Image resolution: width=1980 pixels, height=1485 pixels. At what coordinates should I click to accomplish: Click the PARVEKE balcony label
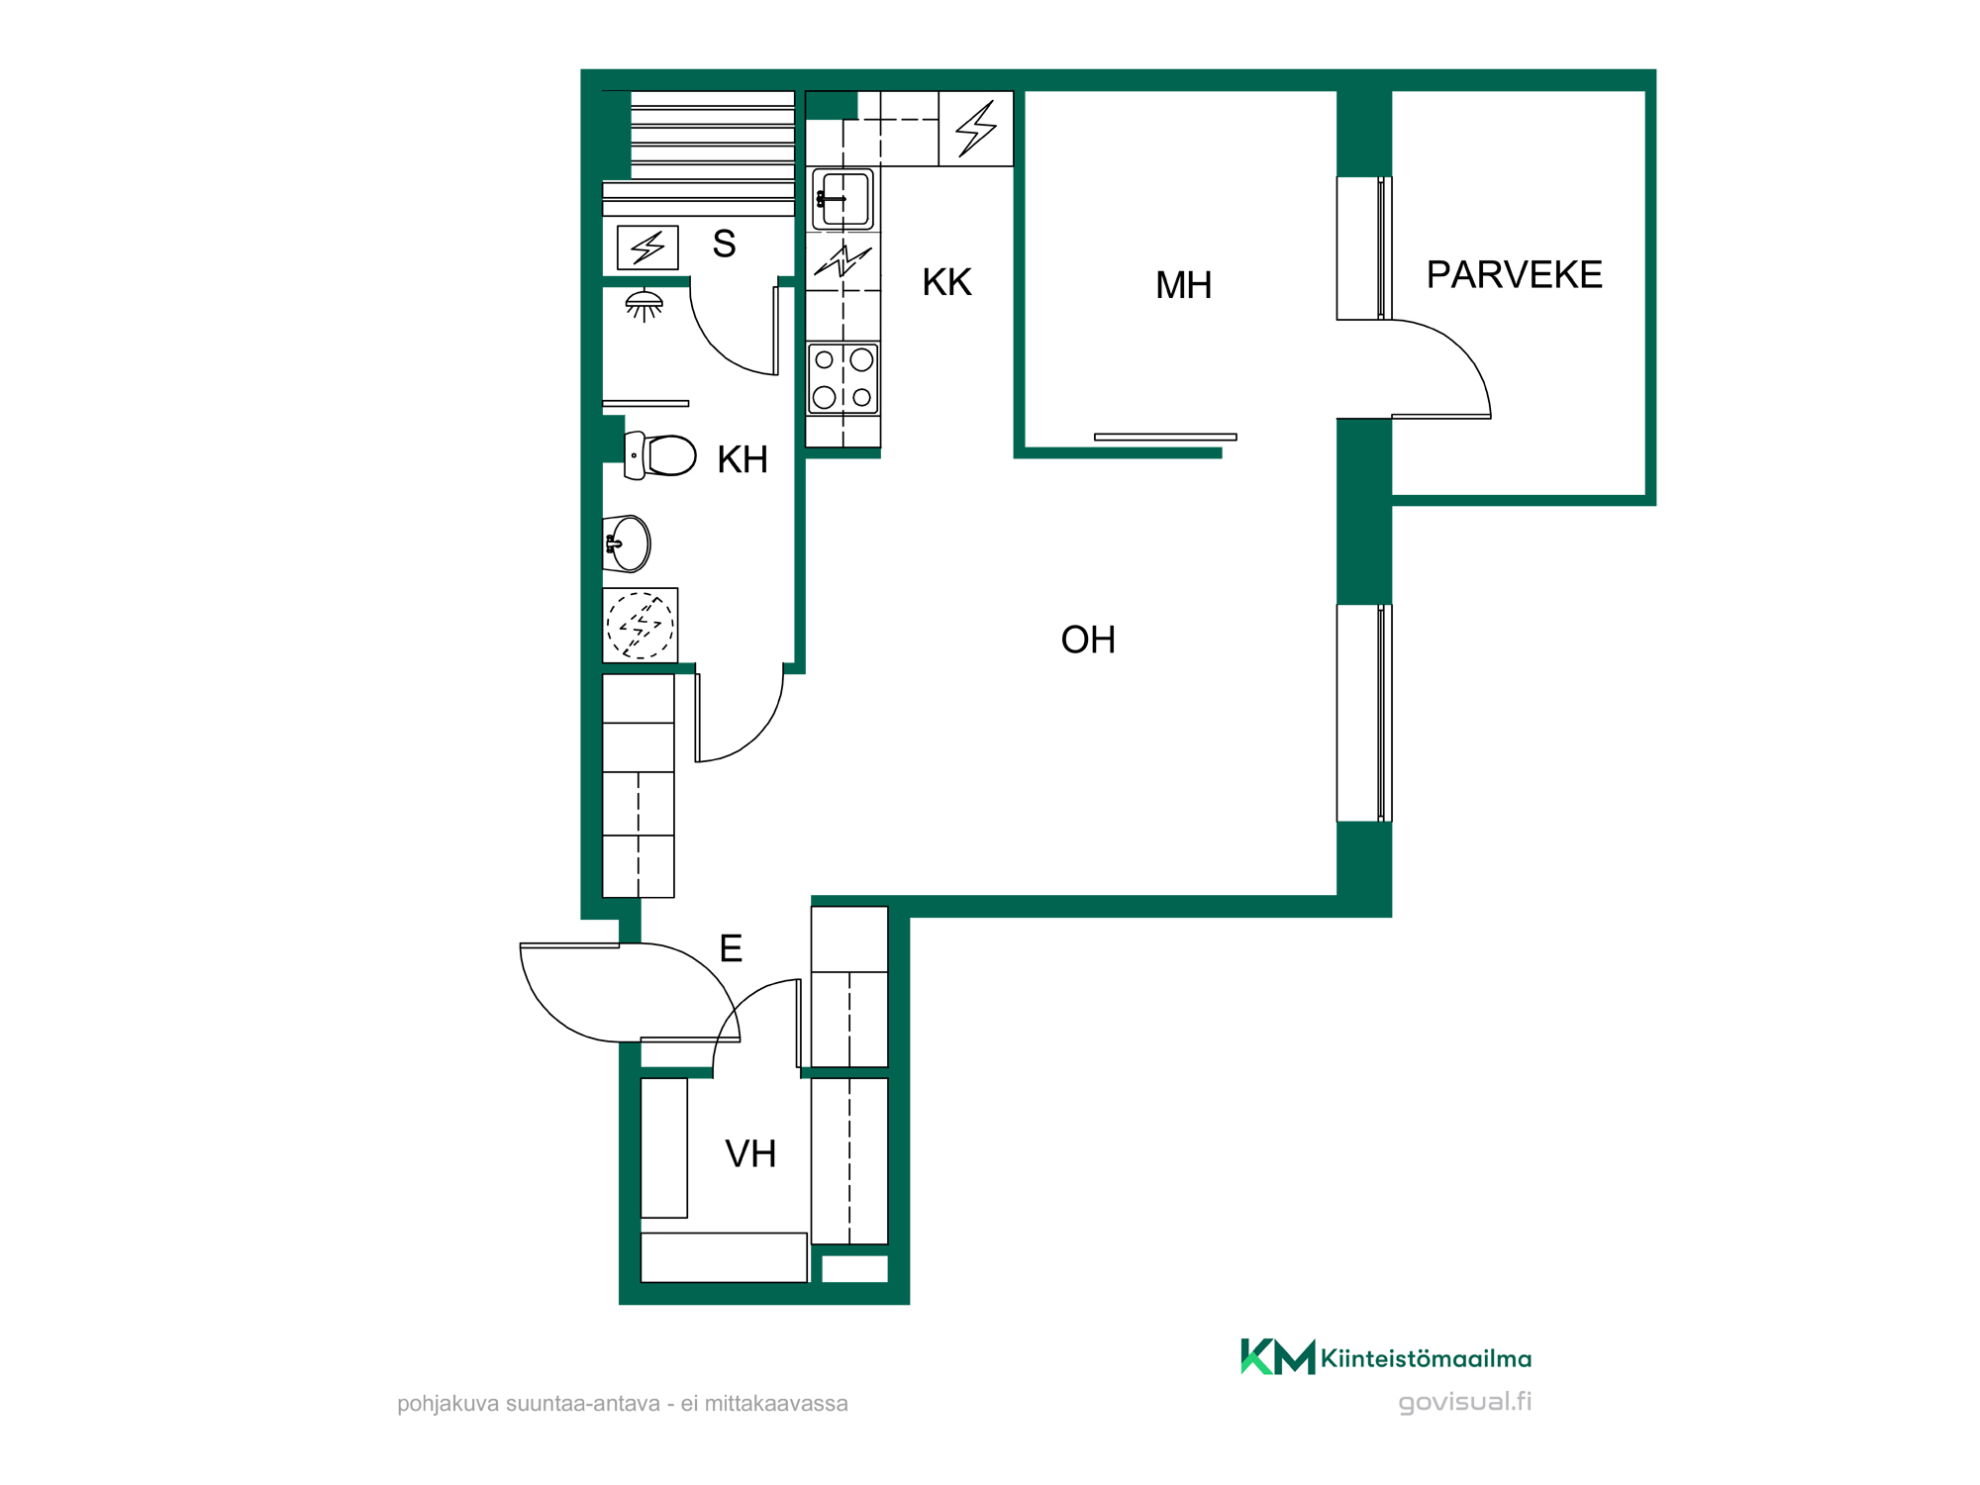click(x=1514, y=274)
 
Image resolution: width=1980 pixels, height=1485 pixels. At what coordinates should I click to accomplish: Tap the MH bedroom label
click(x=1183, y=285)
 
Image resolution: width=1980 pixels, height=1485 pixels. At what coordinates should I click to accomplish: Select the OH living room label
click(x=1088, y=640)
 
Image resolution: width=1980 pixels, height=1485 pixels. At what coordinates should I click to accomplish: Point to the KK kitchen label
click(x=946, y=282)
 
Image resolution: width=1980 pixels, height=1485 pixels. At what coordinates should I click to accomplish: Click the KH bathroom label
click(x=742, y=459)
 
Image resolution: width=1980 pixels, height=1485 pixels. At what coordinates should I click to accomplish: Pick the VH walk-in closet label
click(x=750, y=1153)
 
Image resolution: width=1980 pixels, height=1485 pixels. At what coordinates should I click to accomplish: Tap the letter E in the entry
click(x=731, y=948)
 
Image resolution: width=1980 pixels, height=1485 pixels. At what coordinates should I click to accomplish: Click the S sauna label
click(x=724, y=244)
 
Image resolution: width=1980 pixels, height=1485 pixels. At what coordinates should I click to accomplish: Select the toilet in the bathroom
click(x=660, y=455)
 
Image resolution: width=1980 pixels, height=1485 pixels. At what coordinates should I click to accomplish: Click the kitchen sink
click(x=842, y=199)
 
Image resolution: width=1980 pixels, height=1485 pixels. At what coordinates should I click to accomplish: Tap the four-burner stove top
click(x=842, y=378)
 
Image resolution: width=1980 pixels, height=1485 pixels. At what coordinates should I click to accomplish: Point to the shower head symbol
click(x=643, y=305)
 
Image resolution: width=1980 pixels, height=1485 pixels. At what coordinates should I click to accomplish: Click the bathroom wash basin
click(x=627, y=544)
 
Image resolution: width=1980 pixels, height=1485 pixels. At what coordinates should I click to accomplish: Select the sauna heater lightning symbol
click(x=647, y=247)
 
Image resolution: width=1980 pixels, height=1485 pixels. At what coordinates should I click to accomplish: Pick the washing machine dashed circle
click(x=640, y=625)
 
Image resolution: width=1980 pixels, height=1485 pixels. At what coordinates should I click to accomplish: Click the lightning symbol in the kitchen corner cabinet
click(x=976, y=129)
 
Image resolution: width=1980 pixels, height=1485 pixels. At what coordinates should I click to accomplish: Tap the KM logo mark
click(x=1278, y=1356)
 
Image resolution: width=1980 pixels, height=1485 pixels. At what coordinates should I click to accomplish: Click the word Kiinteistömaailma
click(x=1426, y=1358)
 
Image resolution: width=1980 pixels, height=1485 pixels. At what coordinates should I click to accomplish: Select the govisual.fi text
click(x=1464, y=1402)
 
